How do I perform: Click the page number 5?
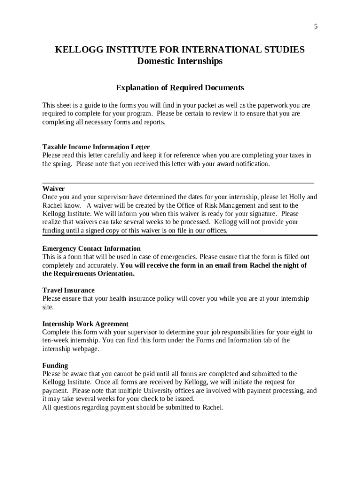point(316,27)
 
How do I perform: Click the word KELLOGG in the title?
point(76,50)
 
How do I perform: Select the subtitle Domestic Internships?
point(180,61)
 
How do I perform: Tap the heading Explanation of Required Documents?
point(180,88)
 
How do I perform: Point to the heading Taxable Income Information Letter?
point(96,147)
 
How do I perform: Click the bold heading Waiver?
point(53,189)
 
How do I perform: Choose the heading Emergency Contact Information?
point(91,248)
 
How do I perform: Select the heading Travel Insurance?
point(68,290)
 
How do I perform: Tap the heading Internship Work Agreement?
point(85,324)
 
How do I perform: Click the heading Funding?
point(55,365)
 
